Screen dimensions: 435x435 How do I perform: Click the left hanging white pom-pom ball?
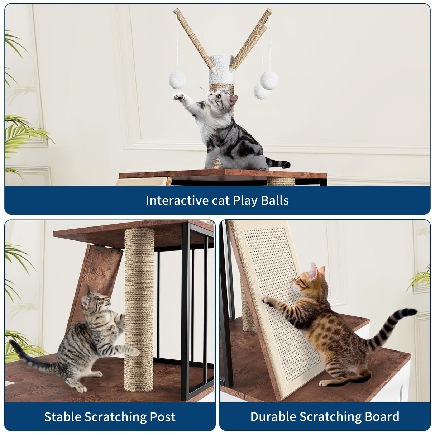(x=177, y=80)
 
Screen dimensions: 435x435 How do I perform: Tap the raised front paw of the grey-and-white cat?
(x=178, y=96)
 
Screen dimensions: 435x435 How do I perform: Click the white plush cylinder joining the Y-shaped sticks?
(x=221, y=70)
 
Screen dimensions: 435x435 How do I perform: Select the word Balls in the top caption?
(x=274, y=200)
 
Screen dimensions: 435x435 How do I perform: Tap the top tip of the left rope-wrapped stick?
(x=176, y=11)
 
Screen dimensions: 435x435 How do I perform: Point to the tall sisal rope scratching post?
(x=139, y=308)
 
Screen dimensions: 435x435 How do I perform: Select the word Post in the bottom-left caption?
(x=163, y=417)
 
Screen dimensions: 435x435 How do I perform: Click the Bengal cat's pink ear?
(x=314, y=271)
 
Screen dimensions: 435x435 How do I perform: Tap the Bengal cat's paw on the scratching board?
(x=267, y=300)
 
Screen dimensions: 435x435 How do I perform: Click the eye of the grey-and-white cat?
(x=218, y=96)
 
